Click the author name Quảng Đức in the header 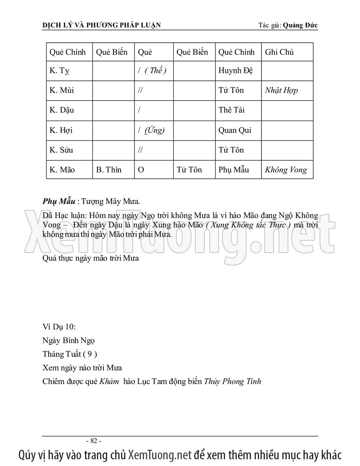tap(300, 25)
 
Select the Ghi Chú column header tap(279, 52)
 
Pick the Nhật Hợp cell tap(281, 90)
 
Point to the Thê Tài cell tap(232, 110)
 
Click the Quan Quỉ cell tap(234, 130)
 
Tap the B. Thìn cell tap(109, 170)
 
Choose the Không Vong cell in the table tap(286, 170)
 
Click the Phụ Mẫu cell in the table tap(233, 170)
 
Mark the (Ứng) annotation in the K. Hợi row tap(155, 130)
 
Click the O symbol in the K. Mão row tap(141, 170)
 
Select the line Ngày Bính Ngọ tap(69, 340)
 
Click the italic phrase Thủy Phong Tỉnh tap(233, 381)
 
